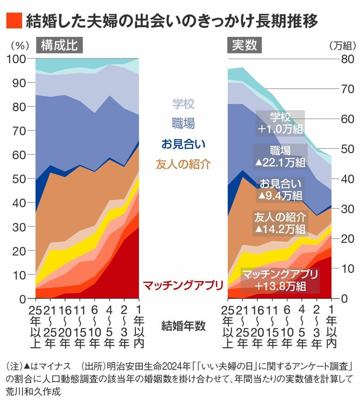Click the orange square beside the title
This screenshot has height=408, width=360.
[14, 21]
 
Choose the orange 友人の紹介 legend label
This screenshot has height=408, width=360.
[183, 164]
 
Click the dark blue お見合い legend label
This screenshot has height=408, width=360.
[183, 144]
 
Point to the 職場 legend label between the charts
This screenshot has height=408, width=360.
[183, 123]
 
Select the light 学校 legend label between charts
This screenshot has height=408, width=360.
[183, 104]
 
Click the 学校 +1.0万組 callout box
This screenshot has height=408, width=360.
[280, 122]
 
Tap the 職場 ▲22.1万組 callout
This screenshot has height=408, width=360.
[280, 156]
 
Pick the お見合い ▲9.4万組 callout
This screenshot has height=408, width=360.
[280, 189]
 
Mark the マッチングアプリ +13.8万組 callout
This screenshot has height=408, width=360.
[280, 280]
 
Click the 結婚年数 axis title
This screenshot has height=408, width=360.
[183, 326]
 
